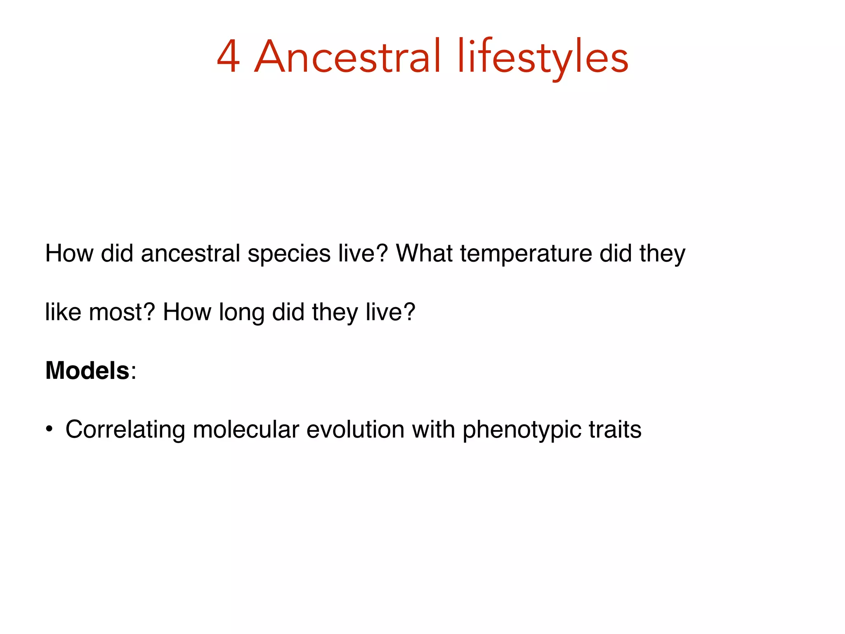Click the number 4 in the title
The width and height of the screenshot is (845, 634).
(228, 57)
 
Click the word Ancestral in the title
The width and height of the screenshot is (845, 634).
(347, 57)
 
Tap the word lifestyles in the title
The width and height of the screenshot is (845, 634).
(542, 57)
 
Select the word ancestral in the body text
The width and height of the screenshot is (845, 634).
(190, 253)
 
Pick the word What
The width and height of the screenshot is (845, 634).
(424, 253)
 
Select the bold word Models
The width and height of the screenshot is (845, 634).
(87, 370)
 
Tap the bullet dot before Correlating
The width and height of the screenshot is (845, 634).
(49, 429)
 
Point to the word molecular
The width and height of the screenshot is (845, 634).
(245, 429)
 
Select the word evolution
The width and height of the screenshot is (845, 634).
(355, 429)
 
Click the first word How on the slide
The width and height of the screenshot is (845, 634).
(69, 253)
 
